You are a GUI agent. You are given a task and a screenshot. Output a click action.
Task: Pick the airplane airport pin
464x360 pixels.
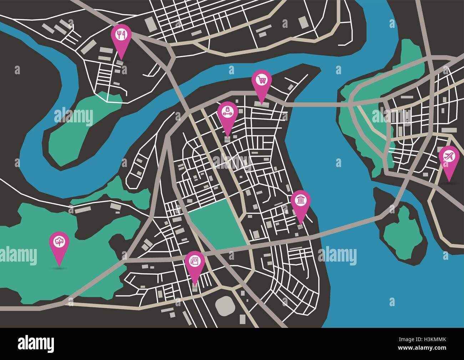click(449, 157)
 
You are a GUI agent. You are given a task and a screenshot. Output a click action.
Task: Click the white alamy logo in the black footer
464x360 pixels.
click(35, 344)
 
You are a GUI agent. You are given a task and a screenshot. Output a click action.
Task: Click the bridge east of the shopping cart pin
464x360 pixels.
click(314, 104)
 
